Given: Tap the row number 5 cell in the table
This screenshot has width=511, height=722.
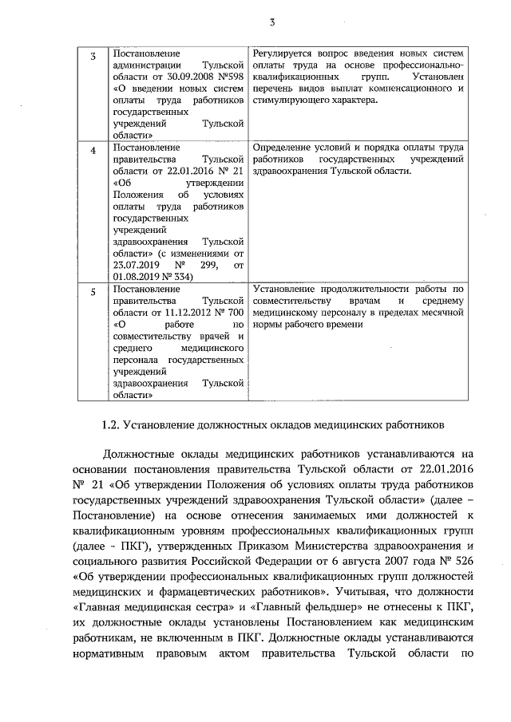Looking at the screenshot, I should click(93, 292).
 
